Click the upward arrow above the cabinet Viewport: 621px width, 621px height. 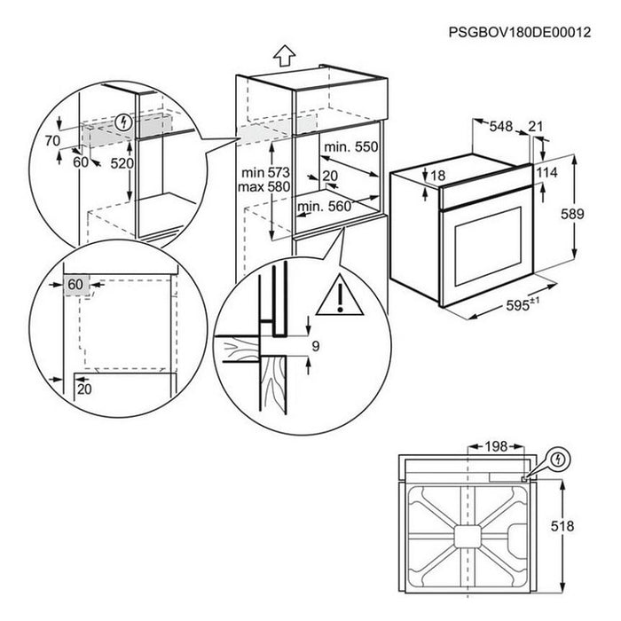282,57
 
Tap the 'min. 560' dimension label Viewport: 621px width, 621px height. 324,207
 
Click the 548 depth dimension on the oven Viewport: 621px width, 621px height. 501,128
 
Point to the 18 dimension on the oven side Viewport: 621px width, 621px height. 437,177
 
